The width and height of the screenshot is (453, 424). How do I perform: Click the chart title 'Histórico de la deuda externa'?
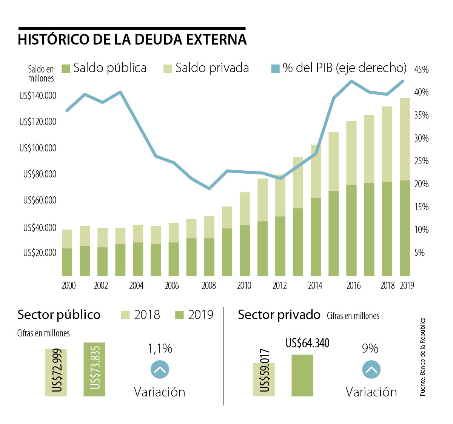pos(132,39)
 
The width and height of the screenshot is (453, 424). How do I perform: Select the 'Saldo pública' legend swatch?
pos(66,69)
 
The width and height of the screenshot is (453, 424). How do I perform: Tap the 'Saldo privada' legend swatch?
pos(168,69)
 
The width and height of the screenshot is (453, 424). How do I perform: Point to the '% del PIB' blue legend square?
pos(275,69)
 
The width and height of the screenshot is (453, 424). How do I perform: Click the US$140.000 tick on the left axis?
pos(38,96)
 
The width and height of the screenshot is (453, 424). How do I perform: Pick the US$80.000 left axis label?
pos(40,174)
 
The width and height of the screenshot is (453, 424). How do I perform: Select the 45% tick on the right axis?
pos(421,69)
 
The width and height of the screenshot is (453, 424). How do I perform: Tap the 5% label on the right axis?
pos(419,253)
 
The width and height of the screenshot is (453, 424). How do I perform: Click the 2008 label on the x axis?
pos(209,286)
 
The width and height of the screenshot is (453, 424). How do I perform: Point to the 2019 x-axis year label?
pos(407,286)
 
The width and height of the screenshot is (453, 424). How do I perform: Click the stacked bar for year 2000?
pos(67,253)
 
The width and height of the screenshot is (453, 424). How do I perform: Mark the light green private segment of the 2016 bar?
pos(351,153)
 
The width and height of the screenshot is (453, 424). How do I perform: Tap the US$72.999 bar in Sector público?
pos(56,373)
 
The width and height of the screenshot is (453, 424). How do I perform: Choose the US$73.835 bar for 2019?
pos(94,369)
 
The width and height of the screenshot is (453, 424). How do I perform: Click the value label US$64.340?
pos(307,343)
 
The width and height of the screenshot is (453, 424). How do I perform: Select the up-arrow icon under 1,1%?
pos(160,370)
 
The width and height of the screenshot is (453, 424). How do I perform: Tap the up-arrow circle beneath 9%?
pos(371,370)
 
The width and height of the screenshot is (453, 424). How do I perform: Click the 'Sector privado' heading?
pos(279,315)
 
